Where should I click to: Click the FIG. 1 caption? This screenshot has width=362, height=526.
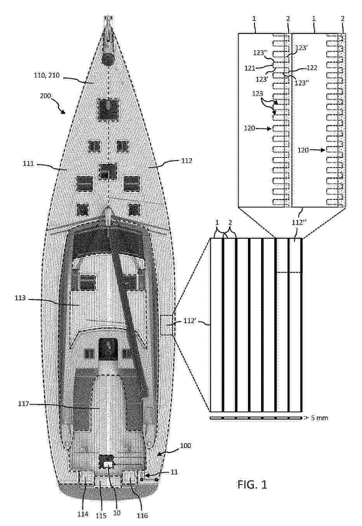252,484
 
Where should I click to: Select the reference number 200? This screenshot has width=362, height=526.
45,96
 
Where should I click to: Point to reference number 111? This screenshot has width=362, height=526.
28,163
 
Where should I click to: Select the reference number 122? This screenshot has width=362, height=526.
312,68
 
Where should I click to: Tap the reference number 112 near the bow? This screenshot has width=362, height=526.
187,161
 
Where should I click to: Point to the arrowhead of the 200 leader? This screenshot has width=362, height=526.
63,112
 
